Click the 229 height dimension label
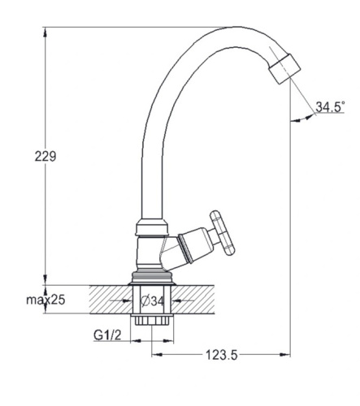pos(46,156)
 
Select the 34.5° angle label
pos(330,106)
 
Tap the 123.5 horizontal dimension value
pos(222,355)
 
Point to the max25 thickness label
pos(46,300)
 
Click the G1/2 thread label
pos(107,335)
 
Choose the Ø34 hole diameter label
pos(153,300)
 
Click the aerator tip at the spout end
pos(285,69)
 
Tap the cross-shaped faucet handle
pos(223,233)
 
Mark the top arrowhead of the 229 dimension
pos(45,32)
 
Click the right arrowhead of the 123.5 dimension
pos(285,354)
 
